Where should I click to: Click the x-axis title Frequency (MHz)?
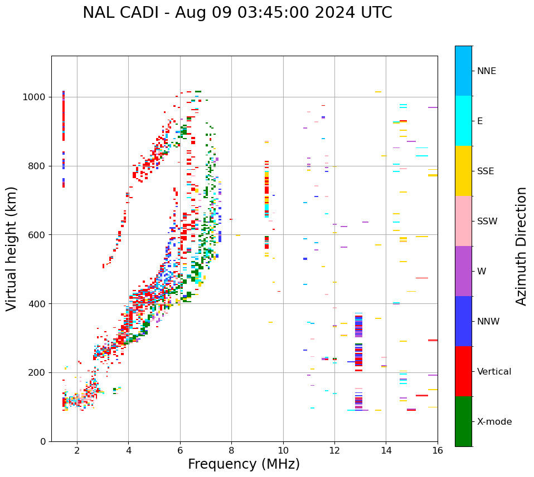244,464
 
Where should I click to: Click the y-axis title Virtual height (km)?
12,249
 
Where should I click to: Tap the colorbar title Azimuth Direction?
521,246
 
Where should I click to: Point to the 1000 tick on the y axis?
35,97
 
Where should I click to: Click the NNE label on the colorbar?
487,71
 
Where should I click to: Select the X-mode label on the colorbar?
494,422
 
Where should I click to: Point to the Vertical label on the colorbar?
494,372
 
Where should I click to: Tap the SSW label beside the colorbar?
487,222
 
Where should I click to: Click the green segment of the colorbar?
463,421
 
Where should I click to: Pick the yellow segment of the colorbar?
463,171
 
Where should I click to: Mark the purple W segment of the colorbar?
463,271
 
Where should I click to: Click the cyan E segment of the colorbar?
463,121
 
